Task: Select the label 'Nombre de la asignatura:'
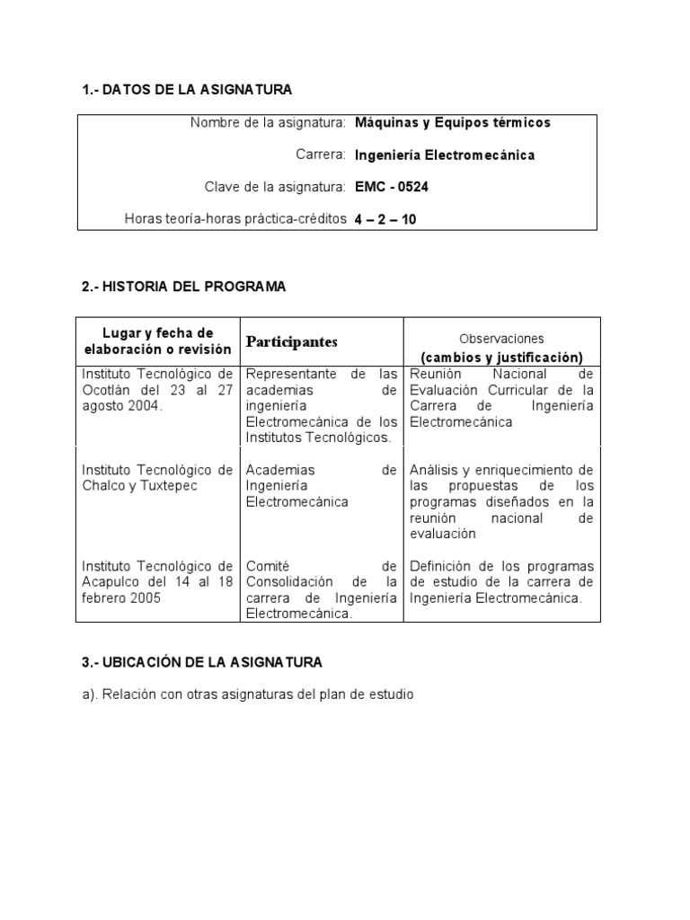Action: pos(268,122)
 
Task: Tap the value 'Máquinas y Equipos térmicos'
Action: pos(453,122)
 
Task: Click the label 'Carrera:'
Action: pos(322,155)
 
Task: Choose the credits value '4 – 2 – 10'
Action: pos(386,218)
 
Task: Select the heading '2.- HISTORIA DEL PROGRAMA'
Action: pos(184,287)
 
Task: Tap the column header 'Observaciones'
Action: pos(501,339)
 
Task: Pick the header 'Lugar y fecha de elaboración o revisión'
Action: pos(158,341)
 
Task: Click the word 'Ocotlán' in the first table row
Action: pos(106,390)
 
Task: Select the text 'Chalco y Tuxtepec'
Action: pos(139,486)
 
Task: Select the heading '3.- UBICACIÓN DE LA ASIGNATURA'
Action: pos(202,662)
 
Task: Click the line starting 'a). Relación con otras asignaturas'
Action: pos(247,694)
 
